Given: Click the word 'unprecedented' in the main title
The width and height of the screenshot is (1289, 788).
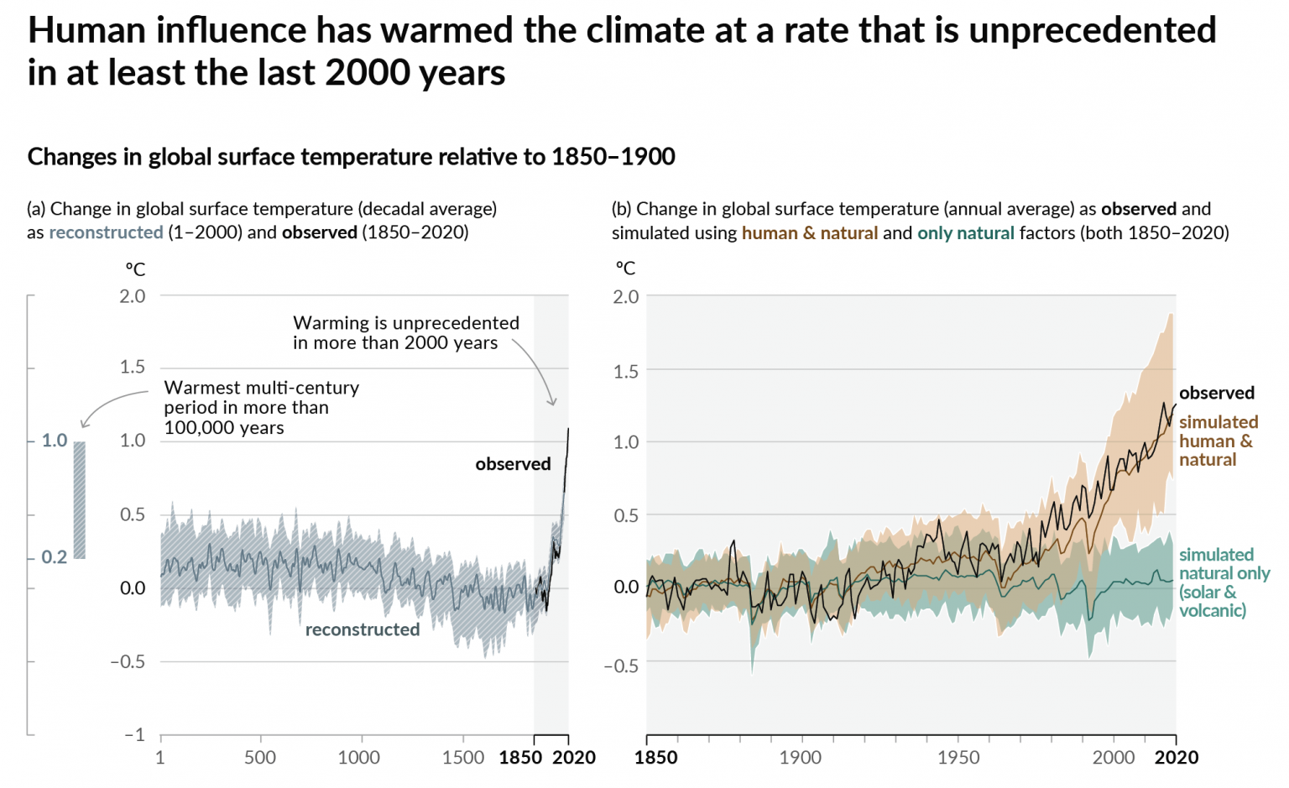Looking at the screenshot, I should [1092, 31].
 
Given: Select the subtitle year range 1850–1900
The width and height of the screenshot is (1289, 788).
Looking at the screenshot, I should [613, 157].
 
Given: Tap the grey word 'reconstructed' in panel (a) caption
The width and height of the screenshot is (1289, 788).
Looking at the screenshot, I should [106, 232].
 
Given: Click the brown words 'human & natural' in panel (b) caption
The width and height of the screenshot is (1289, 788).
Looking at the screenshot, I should [809, 232].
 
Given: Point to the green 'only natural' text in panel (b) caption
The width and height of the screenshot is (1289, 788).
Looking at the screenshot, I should [965, 232].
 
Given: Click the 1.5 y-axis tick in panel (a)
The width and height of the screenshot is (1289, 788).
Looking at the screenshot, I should [132, 367].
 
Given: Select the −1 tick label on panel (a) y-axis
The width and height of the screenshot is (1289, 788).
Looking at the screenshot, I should [134, 734].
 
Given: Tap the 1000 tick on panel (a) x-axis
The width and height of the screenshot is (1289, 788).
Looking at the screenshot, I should [358, 757].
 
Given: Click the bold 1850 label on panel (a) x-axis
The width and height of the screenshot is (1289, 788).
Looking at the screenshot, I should [520, 757].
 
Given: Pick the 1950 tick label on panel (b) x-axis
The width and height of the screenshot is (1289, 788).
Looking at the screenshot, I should [958, 757].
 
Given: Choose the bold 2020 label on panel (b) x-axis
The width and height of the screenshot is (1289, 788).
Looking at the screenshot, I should [1176, 757].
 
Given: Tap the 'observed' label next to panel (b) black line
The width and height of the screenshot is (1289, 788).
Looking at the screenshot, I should [1216, 393].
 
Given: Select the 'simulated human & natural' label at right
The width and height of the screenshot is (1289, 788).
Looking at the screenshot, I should [1217, 441].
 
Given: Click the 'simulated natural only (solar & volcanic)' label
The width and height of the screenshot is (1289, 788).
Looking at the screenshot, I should [1223, 582].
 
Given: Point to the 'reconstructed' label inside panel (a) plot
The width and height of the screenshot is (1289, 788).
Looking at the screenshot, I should [362, 629].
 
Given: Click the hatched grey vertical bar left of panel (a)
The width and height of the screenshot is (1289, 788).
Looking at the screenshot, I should [80, 499].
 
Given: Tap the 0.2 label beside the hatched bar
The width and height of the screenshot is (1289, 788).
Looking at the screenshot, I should [54, 557].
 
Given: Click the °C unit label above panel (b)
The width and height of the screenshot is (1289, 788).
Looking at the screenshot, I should [625, 269].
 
